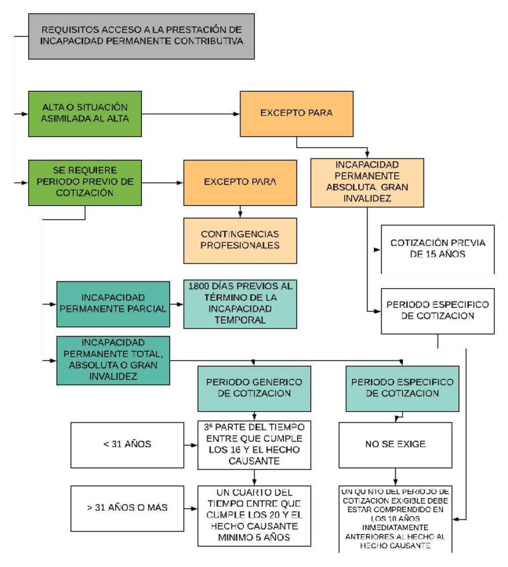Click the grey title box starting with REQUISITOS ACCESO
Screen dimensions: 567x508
[141, 35]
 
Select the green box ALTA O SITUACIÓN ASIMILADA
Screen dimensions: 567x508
[85, 113]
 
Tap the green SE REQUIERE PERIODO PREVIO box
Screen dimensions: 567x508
[85, 182]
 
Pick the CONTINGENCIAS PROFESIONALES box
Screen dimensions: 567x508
[240, 239]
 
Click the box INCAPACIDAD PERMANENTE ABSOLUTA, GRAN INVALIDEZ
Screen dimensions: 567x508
[367, 182]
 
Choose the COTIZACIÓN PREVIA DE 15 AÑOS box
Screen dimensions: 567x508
[437, 249]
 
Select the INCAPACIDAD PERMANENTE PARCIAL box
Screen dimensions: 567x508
[113, 304]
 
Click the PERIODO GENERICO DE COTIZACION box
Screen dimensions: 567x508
[254, 388]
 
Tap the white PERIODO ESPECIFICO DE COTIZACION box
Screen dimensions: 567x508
[437, 311]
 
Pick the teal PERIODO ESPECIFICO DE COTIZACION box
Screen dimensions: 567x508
[402, 388]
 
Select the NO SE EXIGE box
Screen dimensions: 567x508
[395, 445]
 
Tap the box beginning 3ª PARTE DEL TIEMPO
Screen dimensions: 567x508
[254, 445]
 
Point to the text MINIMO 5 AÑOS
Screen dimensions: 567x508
[254, 537]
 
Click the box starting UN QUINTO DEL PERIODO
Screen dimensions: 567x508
[395, 518]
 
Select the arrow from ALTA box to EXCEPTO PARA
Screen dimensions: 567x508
[191, 113]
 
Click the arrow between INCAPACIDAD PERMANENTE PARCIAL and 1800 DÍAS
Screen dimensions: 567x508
[177, 304]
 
